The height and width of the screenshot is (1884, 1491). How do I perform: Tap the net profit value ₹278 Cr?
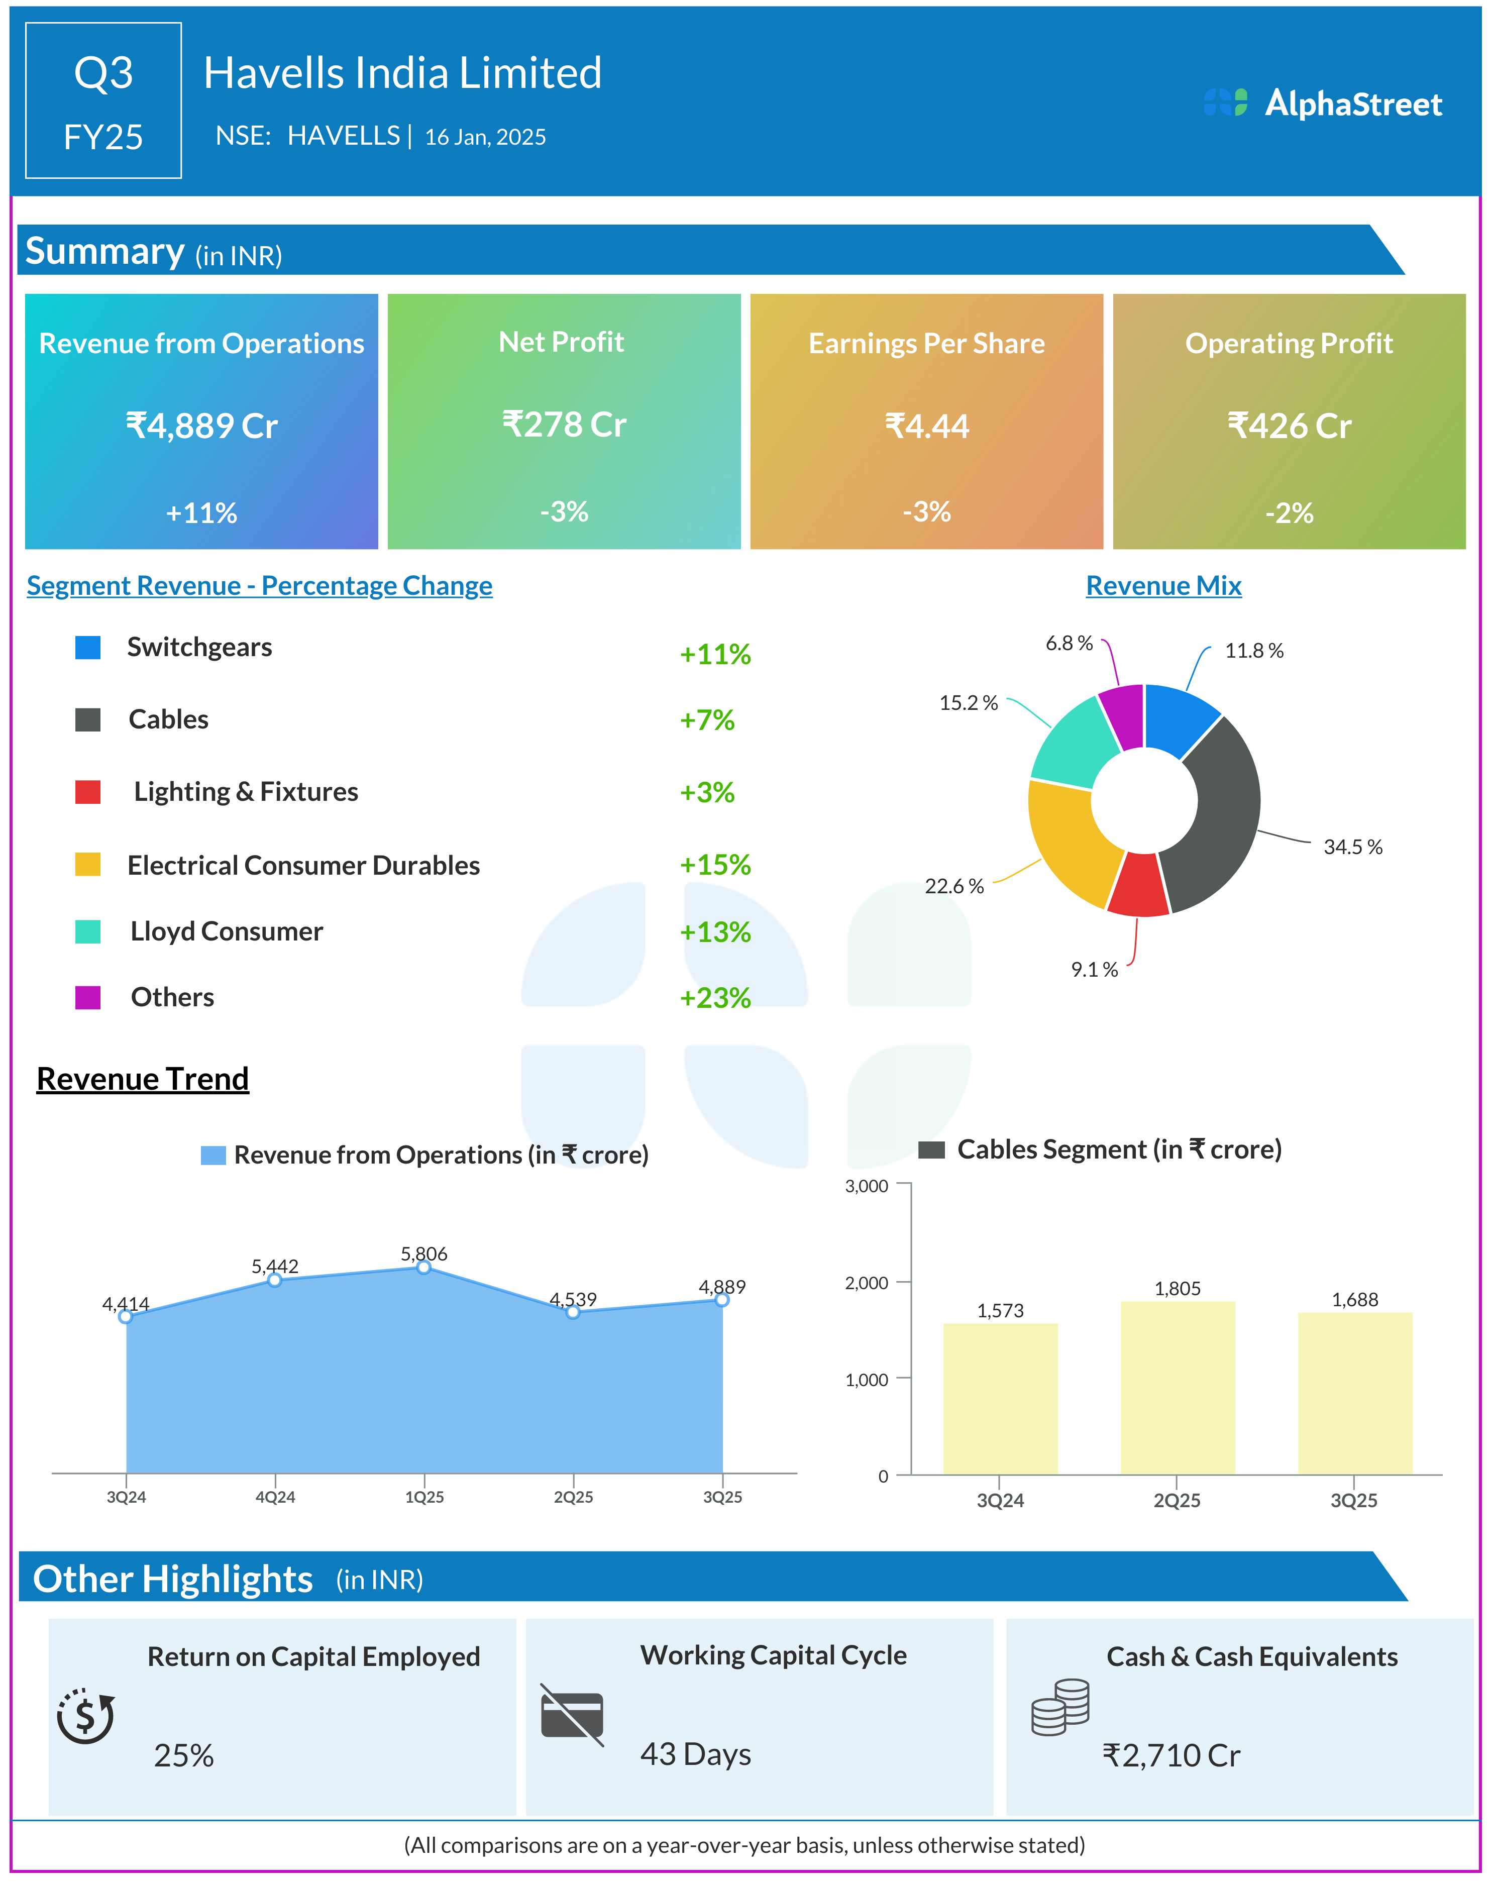[x=564, y=425]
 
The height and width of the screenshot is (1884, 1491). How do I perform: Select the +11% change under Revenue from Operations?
[x=201, y=512]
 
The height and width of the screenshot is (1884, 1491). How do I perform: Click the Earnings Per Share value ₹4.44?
[x=926, y=426]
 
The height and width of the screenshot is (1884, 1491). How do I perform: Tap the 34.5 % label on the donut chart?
[x=1352, y=847]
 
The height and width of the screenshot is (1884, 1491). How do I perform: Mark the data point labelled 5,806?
[x=423, y=1267]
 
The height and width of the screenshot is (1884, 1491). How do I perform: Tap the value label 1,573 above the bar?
[x=1000, y=1310]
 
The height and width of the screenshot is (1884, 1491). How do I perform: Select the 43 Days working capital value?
[x=696, y=1754]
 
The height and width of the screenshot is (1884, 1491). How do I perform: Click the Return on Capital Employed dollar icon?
[x=85, y=1716]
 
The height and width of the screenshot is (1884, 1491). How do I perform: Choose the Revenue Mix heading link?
[x=1163, y=586]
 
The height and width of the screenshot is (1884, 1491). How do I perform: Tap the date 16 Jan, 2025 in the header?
[x=485, y=137]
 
